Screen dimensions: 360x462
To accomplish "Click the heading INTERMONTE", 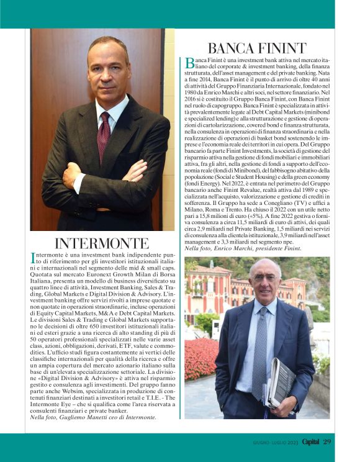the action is [101, 243].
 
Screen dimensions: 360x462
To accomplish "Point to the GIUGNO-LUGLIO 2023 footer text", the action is [272, 442].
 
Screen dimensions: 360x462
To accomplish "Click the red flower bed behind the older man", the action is [200, 360].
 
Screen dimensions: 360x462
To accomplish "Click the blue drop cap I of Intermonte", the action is [32, 257].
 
